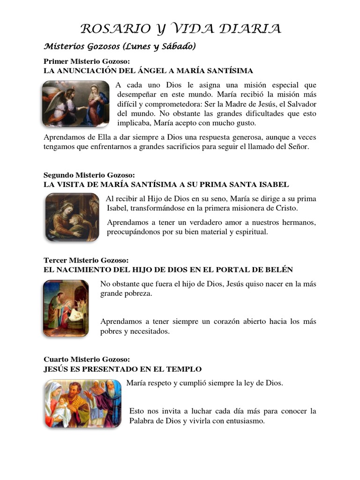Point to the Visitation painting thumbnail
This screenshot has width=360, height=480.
click(72, 217)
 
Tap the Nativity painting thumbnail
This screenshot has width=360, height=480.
click(66, 308)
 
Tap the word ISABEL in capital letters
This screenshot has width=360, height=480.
click(273, 184)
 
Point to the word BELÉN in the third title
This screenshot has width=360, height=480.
click(279, 270)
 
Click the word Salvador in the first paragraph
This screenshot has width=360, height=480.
click(302, 104)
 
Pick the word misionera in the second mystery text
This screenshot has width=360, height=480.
click(227, 208)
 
